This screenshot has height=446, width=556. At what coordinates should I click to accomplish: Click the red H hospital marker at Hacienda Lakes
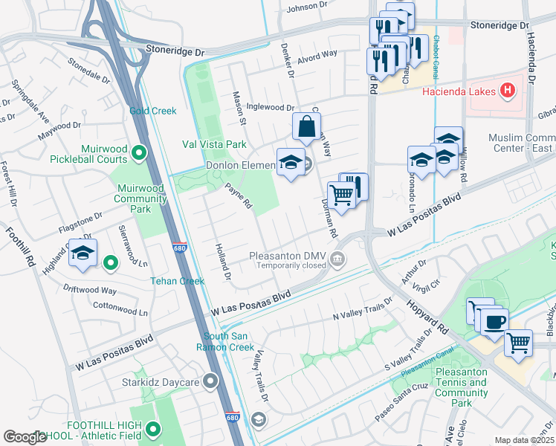click(x=507, y=91)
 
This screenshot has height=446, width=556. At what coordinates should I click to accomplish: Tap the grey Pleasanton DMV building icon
click(x=338, y=259)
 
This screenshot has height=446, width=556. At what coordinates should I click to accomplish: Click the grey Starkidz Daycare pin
click(x=211, y=382)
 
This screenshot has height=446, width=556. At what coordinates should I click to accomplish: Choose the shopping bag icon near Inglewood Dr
click(x=306, y=128)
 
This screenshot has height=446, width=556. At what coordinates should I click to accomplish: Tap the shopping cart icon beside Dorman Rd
click(x=341, y=196)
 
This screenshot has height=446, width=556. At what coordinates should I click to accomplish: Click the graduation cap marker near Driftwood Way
click(x=84, y=252)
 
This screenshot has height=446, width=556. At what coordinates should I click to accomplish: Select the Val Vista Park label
click(x=215, y=143)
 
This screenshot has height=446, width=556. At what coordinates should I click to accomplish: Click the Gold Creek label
click(x=152, y=111)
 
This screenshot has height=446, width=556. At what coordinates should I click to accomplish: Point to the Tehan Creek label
click(x=177, y=281)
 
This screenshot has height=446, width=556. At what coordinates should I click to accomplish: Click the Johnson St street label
click(x=302, y=8)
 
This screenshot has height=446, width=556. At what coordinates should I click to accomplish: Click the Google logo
click(x=25, y=437)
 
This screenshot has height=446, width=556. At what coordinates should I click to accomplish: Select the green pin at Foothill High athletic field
click(x=153, y=429)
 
